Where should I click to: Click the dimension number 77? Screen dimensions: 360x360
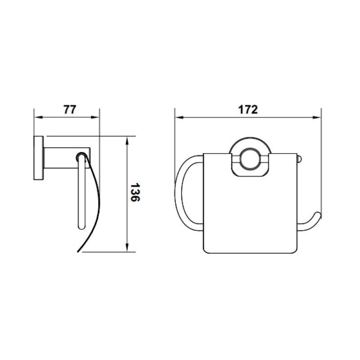pos(70,109)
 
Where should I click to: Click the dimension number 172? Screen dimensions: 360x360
pos(248,110)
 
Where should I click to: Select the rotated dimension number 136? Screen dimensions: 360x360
pos(135,193)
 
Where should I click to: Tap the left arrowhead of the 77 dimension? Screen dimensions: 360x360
pos(38,117)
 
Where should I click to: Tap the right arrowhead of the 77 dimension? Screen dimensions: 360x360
pos(95,117)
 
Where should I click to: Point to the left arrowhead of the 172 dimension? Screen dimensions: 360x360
pos(179,117)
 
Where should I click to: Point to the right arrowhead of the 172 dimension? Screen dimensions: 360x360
pos(317,117)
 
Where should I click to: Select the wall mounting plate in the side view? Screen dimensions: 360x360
pos(39,158)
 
